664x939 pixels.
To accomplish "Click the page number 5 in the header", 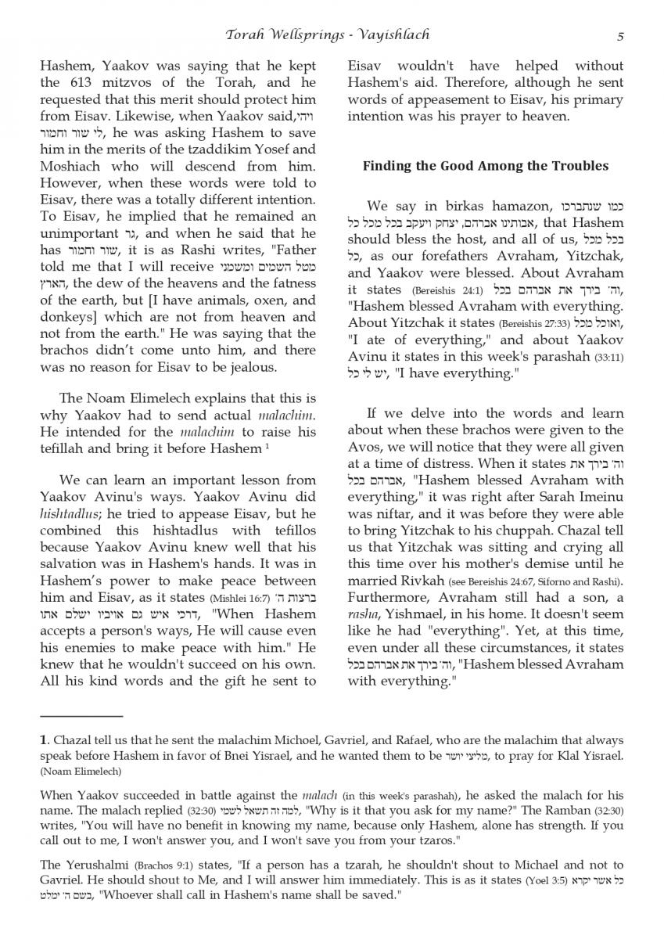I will pos(619,35).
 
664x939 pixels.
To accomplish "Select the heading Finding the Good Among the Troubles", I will pos(485,166).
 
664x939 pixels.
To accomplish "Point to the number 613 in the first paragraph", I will pos(77,82).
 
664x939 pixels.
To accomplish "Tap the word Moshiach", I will pos(70,167).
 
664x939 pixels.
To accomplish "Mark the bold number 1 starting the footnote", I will pos(43,739).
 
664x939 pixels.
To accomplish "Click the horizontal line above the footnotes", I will pos(81,715).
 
